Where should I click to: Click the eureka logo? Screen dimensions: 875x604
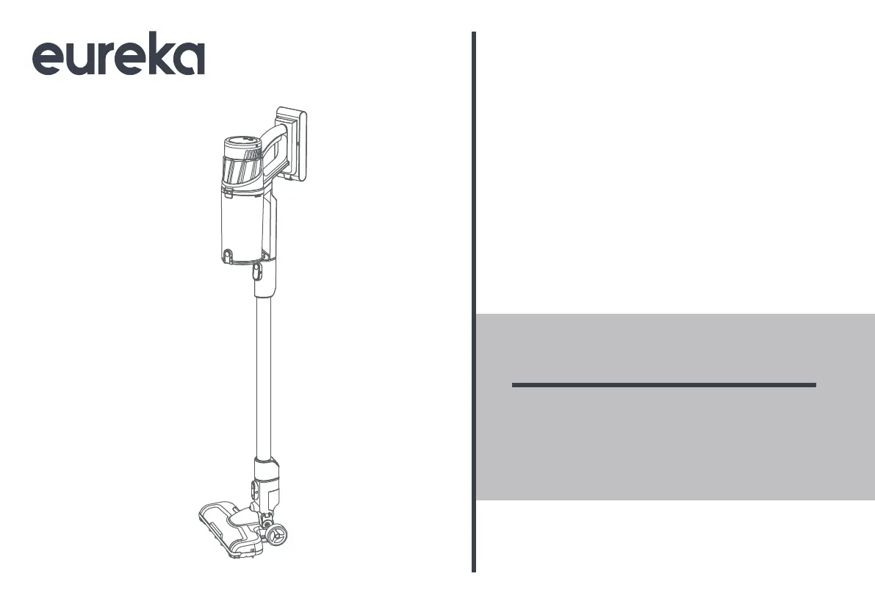[118, 57]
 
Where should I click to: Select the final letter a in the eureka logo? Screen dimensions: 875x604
[189, 60]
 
